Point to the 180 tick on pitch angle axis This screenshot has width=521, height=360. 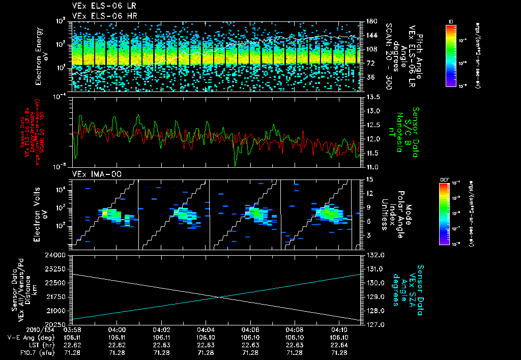tap(370, 21)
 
